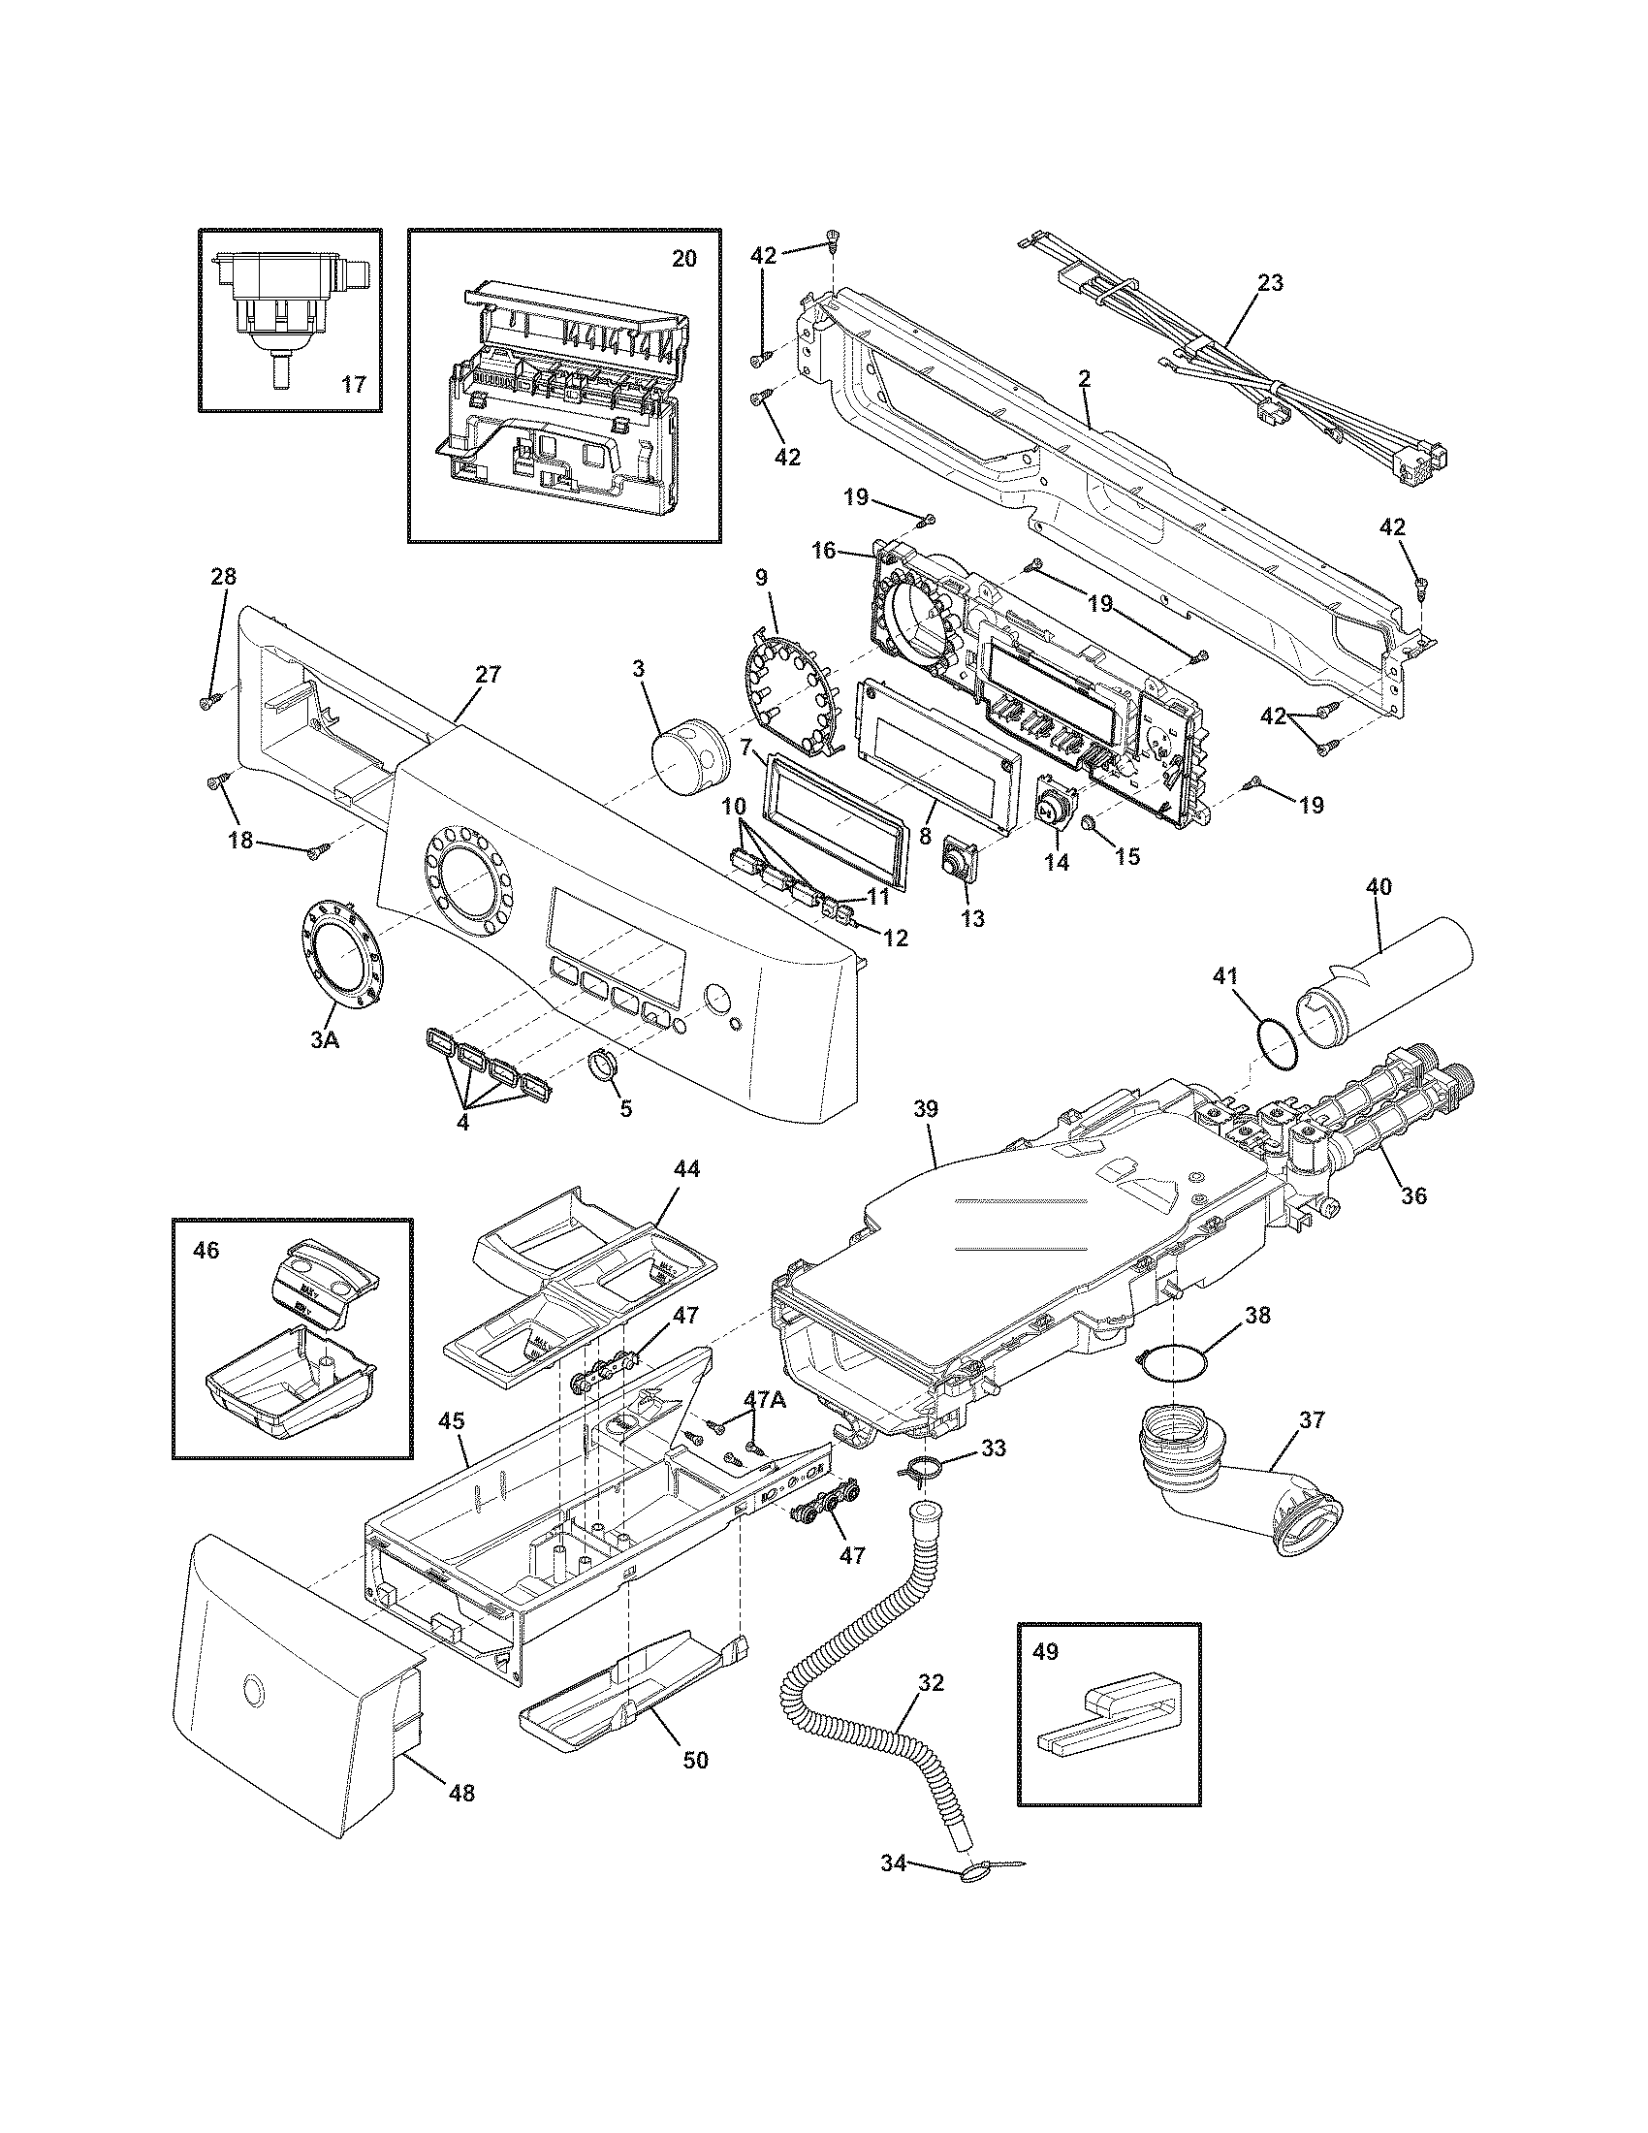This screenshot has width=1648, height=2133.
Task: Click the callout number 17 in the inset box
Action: tap(354, 385)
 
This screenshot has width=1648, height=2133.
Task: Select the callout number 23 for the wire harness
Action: tap(1270, 283)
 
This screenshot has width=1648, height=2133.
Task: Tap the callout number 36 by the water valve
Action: tap(1412, 1194)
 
